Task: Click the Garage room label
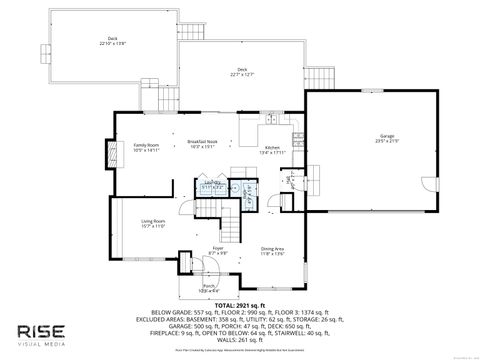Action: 386,138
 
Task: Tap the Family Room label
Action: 147,149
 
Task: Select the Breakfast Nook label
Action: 202,146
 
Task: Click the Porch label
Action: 210,288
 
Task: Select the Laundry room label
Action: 212,185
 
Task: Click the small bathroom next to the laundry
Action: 243,192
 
